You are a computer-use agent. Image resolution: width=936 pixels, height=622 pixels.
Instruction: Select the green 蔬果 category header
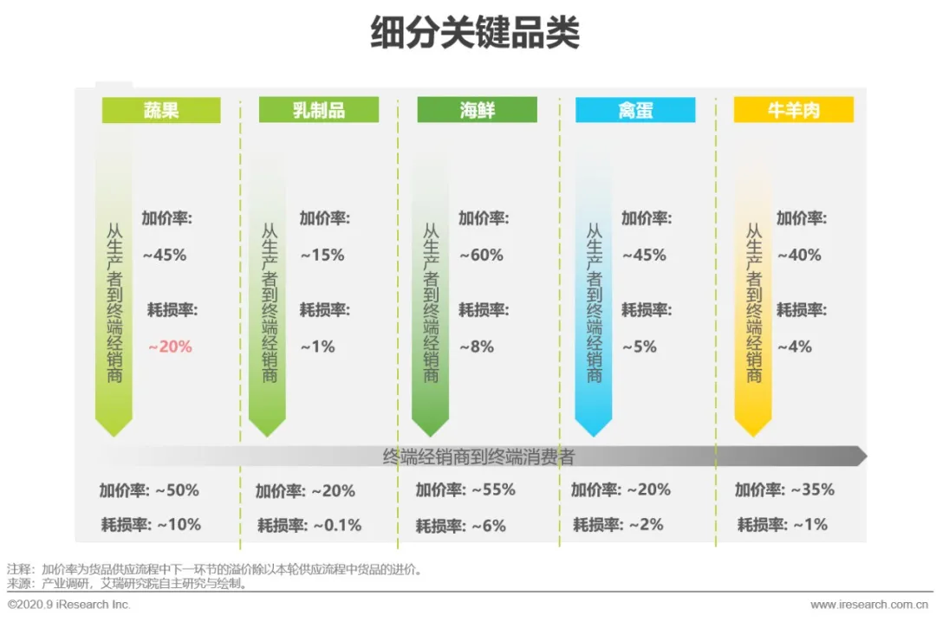[161, 110]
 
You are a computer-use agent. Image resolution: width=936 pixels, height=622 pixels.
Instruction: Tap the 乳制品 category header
[320, 110]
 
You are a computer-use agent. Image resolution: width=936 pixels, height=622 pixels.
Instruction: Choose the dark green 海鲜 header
[477, 110]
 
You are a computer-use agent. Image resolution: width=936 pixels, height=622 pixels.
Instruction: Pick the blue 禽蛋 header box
[635, 110]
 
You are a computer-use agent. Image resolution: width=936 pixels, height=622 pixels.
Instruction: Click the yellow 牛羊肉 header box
[793, 110]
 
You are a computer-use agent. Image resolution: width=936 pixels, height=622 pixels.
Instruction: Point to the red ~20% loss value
[170, 347]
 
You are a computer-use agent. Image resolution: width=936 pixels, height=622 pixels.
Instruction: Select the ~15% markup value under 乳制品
[322, 256]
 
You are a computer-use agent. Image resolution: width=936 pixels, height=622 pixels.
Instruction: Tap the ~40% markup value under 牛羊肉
[799, 256]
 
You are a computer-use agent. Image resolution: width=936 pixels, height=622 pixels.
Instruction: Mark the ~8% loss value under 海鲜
[477, 347]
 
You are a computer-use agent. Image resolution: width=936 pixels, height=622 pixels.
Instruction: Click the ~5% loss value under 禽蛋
[640, 347]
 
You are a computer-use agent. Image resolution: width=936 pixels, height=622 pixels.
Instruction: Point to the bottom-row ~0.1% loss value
[337, 525]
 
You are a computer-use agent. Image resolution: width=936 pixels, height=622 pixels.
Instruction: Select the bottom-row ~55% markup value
[493, 489]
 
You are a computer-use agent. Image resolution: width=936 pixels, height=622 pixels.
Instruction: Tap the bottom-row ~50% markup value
[177, 489]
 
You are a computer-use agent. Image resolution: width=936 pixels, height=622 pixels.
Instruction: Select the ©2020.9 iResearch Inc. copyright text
[69, 605]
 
